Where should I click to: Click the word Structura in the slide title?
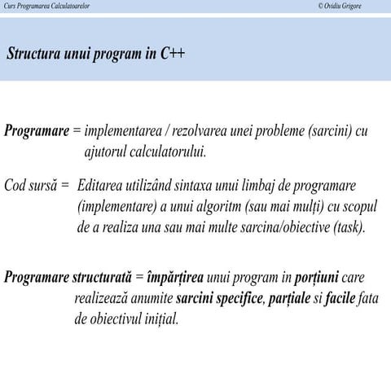34,55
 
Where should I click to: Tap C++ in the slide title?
172,55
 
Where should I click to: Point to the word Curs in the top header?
11,7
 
